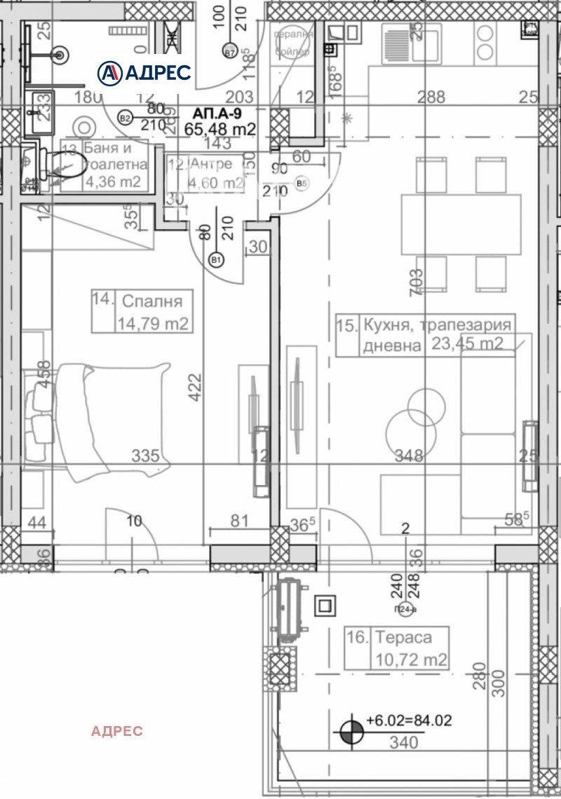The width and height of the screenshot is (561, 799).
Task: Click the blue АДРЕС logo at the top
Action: (x=144, y=71)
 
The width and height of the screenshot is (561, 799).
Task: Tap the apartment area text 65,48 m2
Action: (x=219, y=128)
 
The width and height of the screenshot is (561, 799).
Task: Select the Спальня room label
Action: (x=152, y=301)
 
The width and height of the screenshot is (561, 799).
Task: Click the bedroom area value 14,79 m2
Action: (x=152, y=323)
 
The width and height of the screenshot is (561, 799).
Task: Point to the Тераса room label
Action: (x=403, y=638)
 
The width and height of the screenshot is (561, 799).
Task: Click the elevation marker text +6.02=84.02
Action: (x=410, y=721)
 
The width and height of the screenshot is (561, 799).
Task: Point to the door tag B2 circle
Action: (x=126, y=118)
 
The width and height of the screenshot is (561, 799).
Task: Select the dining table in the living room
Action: (x=461, y=224)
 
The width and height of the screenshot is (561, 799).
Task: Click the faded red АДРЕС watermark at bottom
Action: (x=117, y=731)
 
